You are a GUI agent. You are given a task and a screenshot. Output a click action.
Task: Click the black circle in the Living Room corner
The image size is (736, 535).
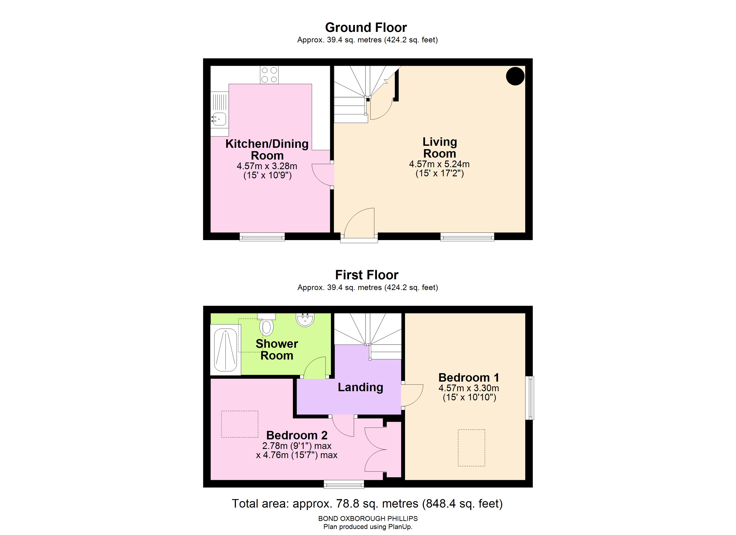tap(515, 76)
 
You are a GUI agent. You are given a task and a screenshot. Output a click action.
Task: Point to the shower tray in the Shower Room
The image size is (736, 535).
tap(225, 350)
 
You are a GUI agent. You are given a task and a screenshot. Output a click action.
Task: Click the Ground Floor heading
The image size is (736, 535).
tap(366, 28)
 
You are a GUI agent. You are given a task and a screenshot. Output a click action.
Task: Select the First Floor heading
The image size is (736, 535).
tap(367, 275)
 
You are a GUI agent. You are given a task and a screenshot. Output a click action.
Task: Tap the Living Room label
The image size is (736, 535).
tap(440, 148)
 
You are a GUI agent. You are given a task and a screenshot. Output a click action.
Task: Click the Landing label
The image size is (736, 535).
tap(360, 387)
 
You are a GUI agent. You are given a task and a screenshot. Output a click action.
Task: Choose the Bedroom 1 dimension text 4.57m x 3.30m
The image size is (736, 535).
tap(469, 388)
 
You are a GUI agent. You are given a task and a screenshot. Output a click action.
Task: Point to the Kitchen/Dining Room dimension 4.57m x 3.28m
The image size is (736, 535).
tap(267, 166)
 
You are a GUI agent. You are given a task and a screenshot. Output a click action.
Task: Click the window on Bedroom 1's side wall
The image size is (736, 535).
tap(530, 398)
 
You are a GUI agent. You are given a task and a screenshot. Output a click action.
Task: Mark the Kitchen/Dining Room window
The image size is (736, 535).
tap(262, 237)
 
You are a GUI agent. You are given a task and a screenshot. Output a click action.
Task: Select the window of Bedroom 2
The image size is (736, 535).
tap(344, 484)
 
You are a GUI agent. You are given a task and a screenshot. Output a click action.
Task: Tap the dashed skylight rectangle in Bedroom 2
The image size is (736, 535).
tap(240, 424)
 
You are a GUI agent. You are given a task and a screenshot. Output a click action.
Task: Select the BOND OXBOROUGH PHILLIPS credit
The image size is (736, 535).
tap(368, 519)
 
